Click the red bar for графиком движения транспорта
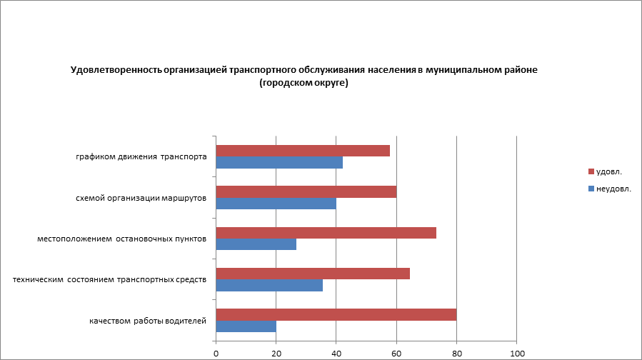pyautogui.click(x=303, y=151)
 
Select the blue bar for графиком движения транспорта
pyautogui.click(x=279, y=162)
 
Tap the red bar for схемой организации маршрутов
pyautogui.click(x=306, y=191)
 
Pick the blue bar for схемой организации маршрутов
pyautogui.click(x=276, y=204)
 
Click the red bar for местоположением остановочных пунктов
pyautogui.click(x=326, y=233)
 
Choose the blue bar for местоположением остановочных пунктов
pyautogui.click(x=256, y=244)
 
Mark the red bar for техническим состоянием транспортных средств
pyautogui.click(x=313, y=274)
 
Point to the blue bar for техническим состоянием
pyautogui.click(x=269, y=286)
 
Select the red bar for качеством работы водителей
pyautogui.click(x=336, y=315)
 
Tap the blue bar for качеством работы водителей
pyautogui.click(x=246, y=326)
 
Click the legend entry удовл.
pyautogui.click(x=608, y=171)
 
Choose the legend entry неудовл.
pyautogui.click(x=613, y=189)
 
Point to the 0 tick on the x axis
pyautogui.click(x=216, y=353)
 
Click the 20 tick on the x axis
pyautogui.click(x=276, y=353)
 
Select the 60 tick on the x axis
pyautogui.click(x=396, y=353)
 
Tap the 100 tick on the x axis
pyautogui.click(x=516, y=353)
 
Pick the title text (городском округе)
pyautogui.click(x=304, y=83)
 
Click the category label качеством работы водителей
pyautogui.click(x=148, y=321)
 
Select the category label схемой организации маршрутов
pyautogui.click(x=141, y=198)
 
